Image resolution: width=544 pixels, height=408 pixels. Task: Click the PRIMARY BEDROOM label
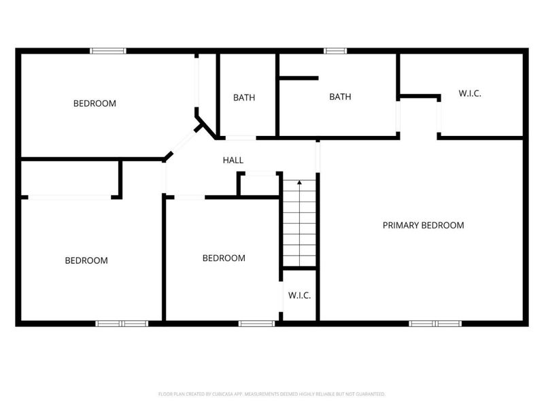(x=423, y=225)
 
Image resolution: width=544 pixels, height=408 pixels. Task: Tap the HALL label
(x=233, y=160)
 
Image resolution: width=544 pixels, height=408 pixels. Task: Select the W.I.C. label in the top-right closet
(x=470, y=94)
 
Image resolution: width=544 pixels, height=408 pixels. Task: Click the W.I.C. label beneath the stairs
(x=299, y=295)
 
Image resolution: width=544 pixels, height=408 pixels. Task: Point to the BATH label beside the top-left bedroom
(x=244, y=97)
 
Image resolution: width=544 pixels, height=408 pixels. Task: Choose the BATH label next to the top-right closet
(x=340, y=97)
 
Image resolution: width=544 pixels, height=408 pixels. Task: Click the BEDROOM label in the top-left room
(x=95, y=103)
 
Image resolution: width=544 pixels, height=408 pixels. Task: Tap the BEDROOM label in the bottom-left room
(x=86, y=260)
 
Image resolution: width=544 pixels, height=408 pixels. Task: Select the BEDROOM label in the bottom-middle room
(x=224, y=258)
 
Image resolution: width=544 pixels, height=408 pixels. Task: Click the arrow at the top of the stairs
(x=299, y=182)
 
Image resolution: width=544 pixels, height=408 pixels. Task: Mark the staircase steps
(x=299, y=224)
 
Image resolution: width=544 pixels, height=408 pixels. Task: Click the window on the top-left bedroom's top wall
(x=108, y=50)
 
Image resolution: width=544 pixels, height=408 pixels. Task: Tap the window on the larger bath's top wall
(x=335, y=50)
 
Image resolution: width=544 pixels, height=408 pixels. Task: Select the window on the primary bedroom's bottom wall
(x=435, y=324)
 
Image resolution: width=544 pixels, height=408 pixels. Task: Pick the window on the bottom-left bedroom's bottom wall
(x=122, y=324)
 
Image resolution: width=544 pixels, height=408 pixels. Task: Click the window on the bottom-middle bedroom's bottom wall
(x=256, y=324)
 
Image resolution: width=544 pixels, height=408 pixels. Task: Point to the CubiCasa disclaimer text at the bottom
(x=272, y=394)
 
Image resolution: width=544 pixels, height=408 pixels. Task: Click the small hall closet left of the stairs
(x=258, y=184)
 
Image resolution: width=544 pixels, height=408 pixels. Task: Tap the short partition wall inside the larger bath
(x=299, y=79)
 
